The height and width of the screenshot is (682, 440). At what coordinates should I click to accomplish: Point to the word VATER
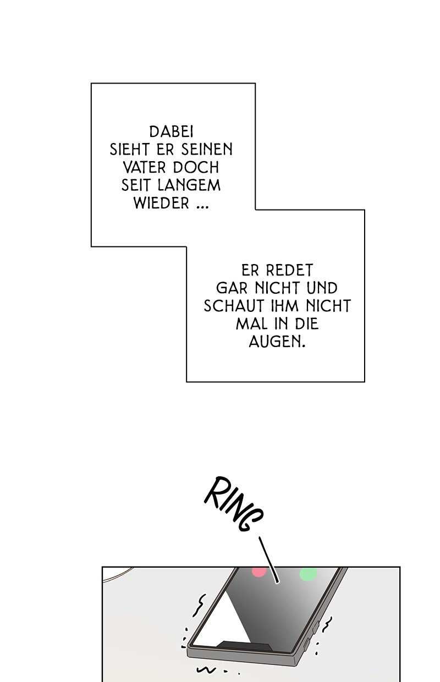[x=144, y=167]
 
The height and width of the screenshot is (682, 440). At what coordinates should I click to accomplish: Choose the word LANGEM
[x=186, y=185]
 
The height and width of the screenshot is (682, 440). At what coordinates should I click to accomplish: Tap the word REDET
[x=289, y=271]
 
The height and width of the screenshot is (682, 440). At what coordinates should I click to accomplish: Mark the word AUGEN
[x=277, y=342]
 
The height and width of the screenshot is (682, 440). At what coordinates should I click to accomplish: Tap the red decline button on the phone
[x=258, y=571]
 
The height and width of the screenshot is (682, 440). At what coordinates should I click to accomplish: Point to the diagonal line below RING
[x=269, y=558]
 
